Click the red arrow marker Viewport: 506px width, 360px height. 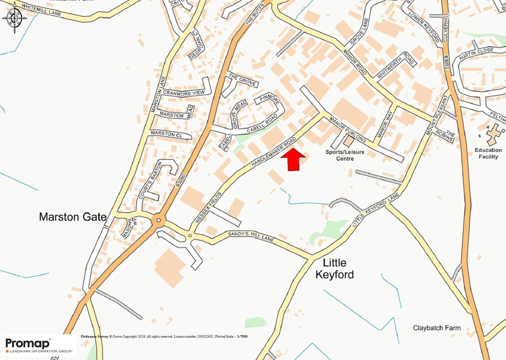coord(293,159)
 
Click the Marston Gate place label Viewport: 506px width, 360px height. coord(72,216)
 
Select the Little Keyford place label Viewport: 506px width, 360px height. coord(334,268)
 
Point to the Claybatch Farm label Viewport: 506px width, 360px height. coord(437,328)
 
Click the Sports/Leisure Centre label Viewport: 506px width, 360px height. coord(345,155)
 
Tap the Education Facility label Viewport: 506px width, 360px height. coord(488,153)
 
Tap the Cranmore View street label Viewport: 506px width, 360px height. coord(183,93)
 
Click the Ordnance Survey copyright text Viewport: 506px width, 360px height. coord(164,337)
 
